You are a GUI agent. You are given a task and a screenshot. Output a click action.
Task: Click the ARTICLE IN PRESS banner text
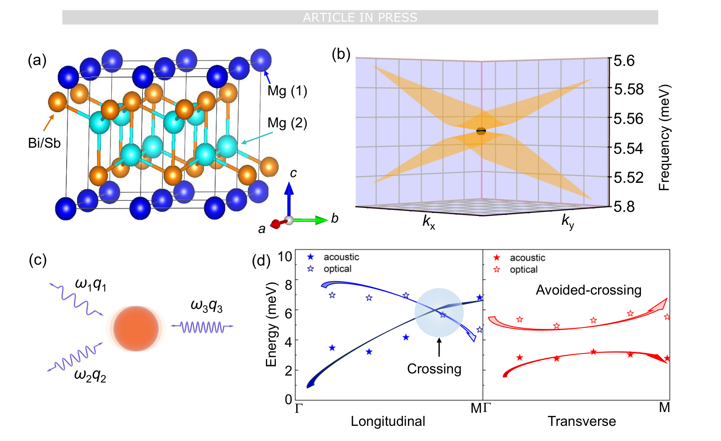click(x=360, y=17)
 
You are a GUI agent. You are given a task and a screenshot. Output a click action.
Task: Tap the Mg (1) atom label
click(x=287, y=91)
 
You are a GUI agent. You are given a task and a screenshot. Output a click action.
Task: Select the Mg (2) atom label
click(x=287, y=123)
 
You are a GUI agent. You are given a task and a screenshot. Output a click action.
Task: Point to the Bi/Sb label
click(x=44, y=143)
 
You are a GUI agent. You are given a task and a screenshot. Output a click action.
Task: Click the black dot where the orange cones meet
click(x=481, y=131)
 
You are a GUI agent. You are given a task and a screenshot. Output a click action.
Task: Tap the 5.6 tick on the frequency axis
click(x=624, y=61)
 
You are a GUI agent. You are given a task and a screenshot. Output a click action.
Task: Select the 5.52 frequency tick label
click(x=628, y=177)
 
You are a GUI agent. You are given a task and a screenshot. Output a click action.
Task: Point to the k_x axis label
click(x=429, y=222)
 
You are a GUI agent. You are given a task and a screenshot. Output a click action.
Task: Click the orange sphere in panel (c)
click(x=136, y=328)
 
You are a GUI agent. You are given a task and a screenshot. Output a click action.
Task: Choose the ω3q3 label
click(x=207, y=306)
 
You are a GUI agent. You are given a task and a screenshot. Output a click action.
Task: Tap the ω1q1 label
click(x=91, y=284)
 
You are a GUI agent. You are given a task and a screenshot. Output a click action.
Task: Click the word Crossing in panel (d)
click(x=434, y=369)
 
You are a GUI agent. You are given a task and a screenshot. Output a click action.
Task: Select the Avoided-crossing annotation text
click(x=588, y=290)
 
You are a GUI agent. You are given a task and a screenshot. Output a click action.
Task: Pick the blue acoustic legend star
click(x=310, y=257)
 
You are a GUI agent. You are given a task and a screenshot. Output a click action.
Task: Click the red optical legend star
click(x=497, y=269)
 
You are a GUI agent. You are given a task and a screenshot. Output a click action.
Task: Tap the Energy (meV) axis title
click(x=271, y=324)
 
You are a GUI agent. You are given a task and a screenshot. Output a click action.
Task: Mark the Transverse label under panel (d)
click(x=582, y=421)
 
